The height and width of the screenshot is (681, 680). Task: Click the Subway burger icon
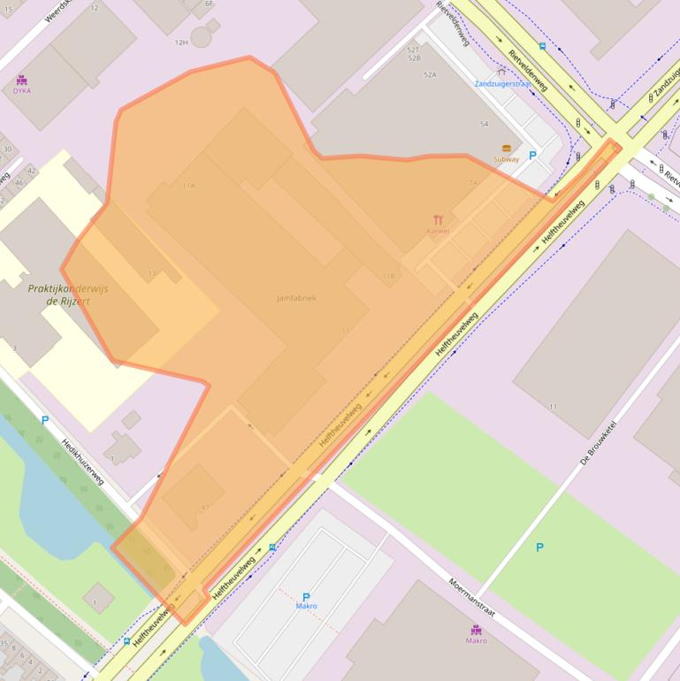tap(507, 149)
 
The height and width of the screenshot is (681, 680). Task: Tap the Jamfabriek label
tap(295, 298)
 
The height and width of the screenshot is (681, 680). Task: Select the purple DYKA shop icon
tap(21, 80)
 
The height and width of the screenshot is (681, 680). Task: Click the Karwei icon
tap(438, 219)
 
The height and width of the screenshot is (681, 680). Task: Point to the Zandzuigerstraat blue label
tap(502, 84)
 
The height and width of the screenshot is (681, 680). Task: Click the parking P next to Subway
tap(532, 156)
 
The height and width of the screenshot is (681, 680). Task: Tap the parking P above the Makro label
tap(306, 597)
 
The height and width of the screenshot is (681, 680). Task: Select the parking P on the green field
tap(539, 547)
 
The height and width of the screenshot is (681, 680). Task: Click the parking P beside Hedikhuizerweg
tap(45, 420)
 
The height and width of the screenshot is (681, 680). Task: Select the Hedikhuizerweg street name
tap(83, 463)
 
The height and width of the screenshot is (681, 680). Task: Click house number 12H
tap(181, 42)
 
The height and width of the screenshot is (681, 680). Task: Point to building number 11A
tap(188, 186)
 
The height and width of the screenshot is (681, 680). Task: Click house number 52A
tap(430, 75)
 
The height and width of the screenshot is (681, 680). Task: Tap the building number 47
tap(205, 507)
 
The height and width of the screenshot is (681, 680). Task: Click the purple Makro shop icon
tap(477, 630)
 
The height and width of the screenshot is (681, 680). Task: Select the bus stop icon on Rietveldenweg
tap(542, 46)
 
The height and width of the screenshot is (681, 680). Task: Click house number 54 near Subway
tap(484, 124)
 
